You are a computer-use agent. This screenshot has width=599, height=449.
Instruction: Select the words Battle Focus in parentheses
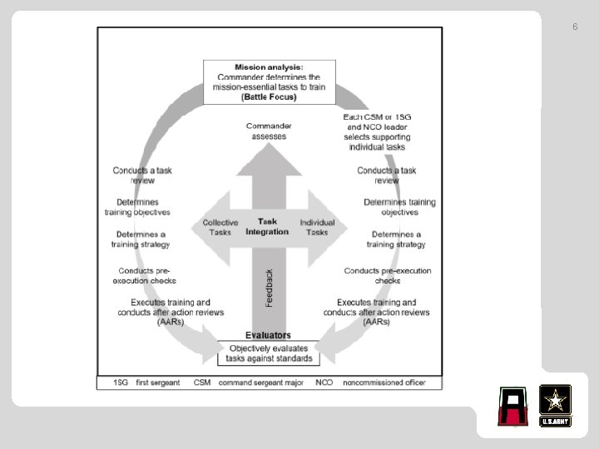(268, 96)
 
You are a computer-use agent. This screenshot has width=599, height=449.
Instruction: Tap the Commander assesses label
(268, 131)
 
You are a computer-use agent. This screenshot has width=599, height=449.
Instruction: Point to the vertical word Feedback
(270, 287)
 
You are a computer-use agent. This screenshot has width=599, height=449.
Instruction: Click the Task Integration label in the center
(267, 226)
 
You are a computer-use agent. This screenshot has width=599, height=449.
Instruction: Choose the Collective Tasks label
(220, 227)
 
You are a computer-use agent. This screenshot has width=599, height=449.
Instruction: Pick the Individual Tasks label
(317, 227)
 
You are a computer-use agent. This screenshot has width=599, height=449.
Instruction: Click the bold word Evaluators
(267, 335)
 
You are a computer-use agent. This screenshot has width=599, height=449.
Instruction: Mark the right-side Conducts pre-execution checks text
(388, 275)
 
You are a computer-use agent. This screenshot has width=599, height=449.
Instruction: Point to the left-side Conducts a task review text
(142, 175)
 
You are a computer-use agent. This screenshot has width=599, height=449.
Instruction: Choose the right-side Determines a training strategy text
(396, 239)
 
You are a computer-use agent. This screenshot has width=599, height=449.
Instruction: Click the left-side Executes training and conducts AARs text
(170, 312)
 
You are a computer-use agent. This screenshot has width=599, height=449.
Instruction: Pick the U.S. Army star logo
(555, 406)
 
